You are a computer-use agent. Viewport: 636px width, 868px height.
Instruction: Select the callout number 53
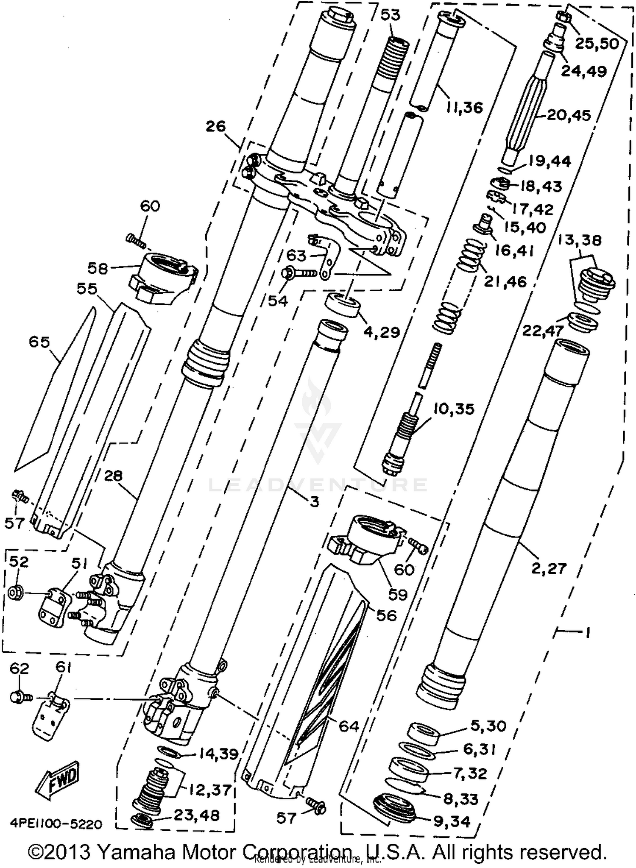tap(390, 15)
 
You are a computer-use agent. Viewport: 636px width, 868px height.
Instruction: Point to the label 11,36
tap(464, 107)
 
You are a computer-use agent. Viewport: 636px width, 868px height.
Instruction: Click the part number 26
tap(216, 126)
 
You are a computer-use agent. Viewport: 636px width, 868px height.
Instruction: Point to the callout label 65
tap(39, 342)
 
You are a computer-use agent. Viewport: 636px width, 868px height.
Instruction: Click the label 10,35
tap(453, 409)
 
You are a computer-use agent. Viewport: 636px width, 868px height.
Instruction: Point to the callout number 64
tap(349, 726)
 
